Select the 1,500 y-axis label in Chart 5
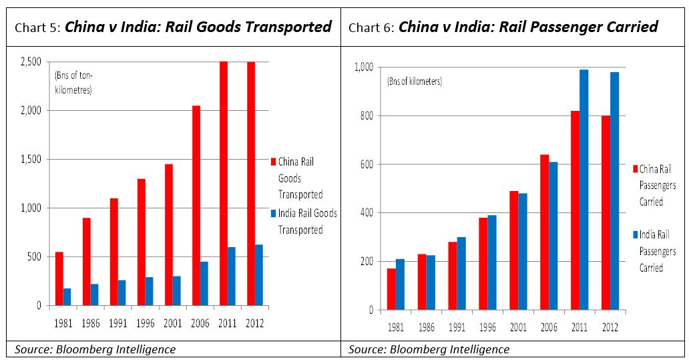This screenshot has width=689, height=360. click(29, 160)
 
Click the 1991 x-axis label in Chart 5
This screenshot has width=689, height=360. click(118, 323)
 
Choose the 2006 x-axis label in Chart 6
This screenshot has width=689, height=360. click(548, 327)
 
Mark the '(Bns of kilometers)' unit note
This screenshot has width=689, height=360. click(415, 81)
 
